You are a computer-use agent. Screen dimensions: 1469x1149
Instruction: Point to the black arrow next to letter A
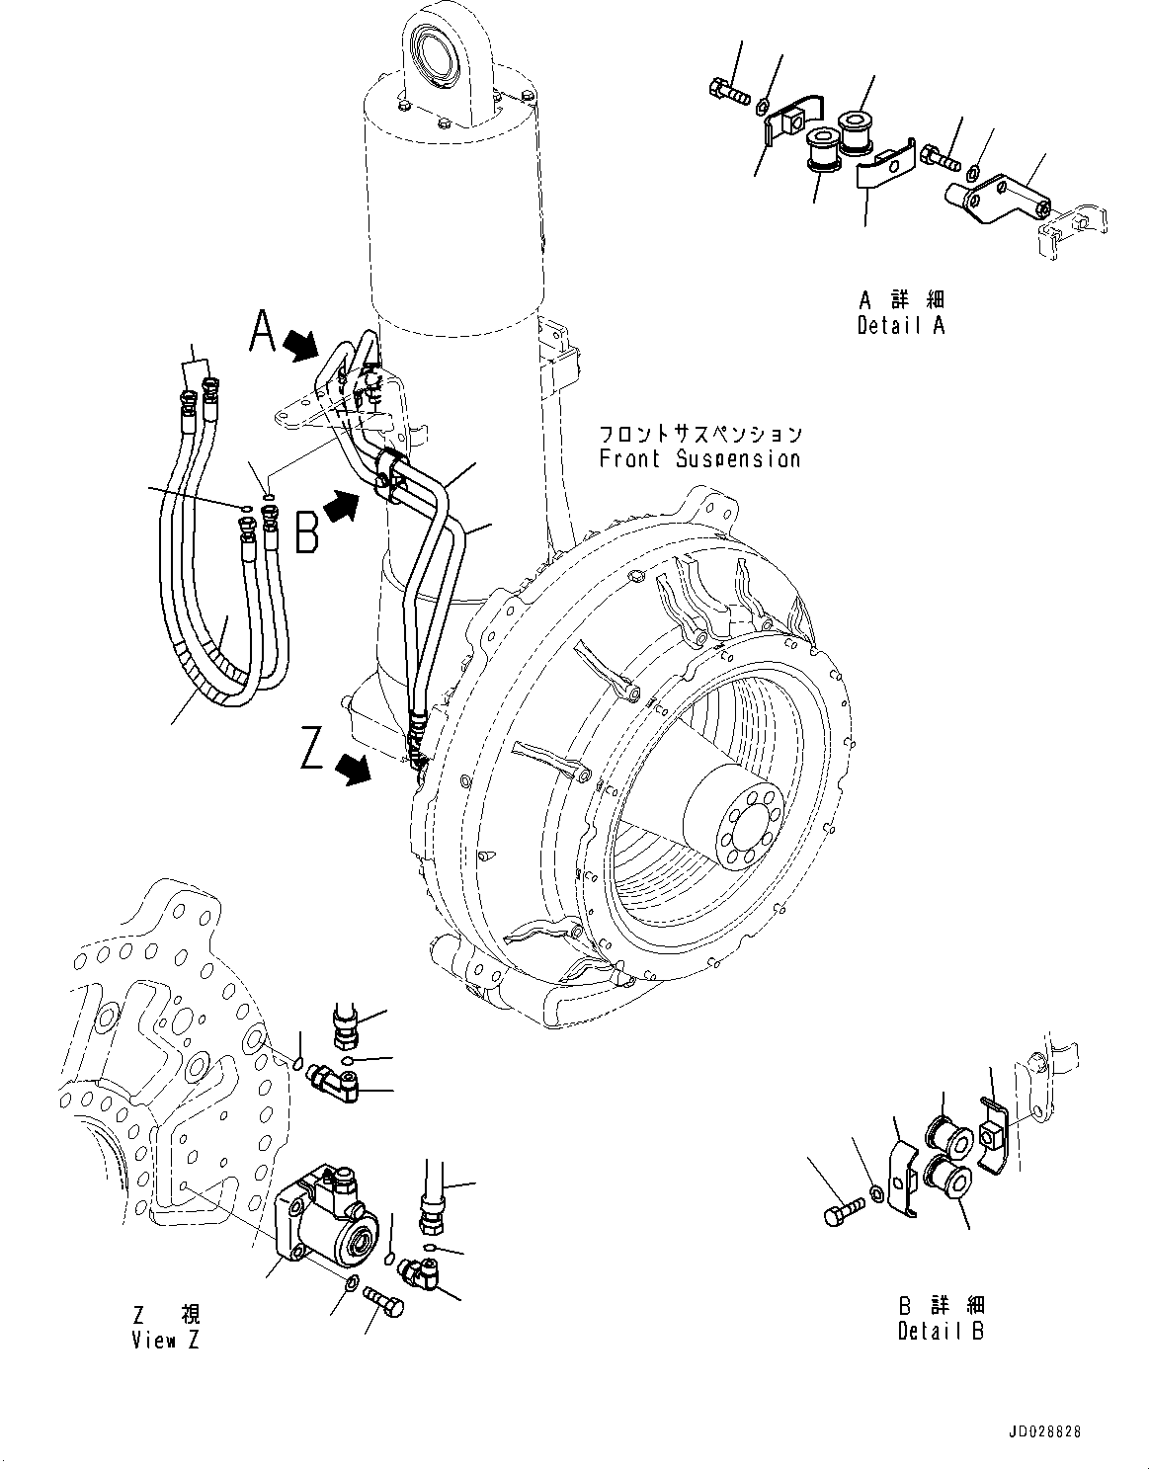[301, 345]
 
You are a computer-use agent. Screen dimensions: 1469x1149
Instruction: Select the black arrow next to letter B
[343, 508]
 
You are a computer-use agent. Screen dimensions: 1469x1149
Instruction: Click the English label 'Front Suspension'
[698, 459]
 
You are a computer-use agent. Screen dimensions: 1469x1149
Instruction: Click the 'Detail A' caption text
[900, 325]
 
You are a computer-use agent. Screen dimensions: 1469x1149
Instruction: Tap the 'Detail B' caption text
[941, 1331]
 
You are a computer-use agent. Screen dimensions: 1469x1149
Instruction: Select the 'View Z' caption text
[165, 1341]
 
